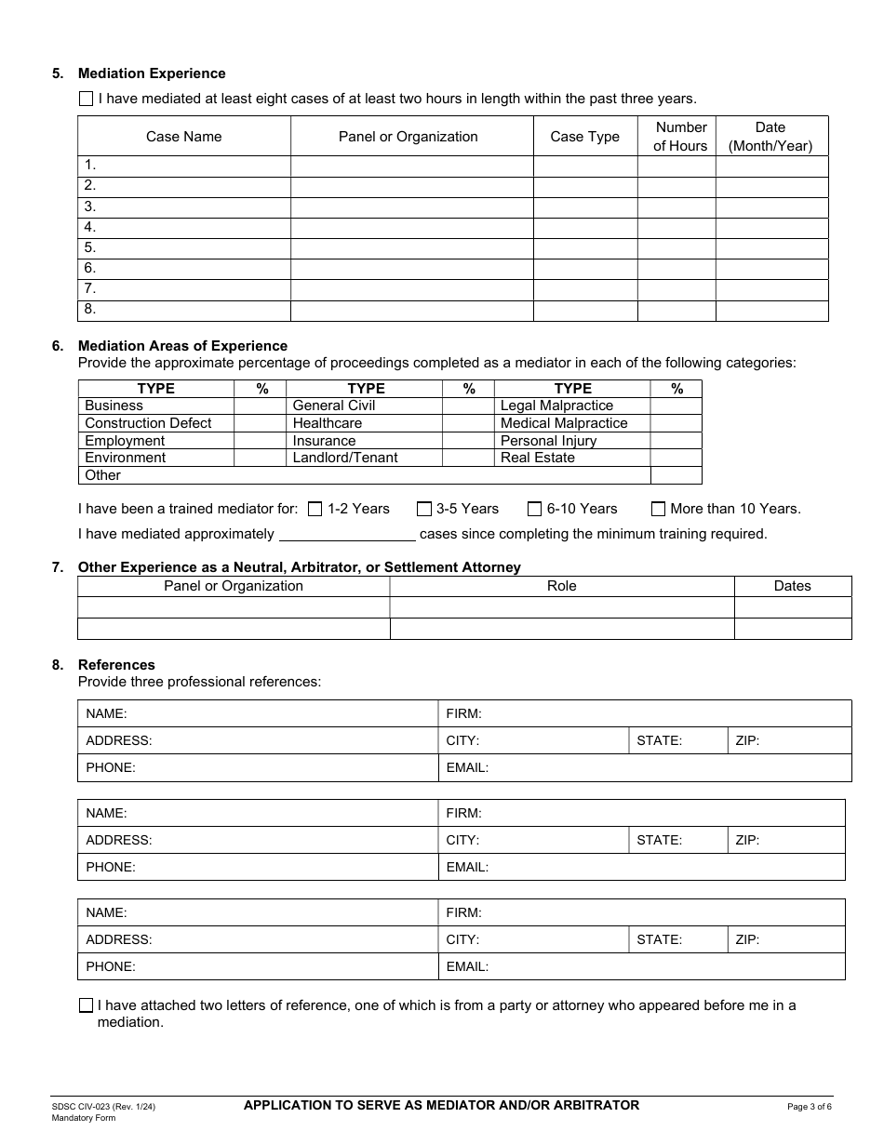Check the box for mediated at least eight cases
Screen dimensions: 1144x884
[87, 99]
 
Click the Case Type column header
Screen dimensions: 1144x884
[584, 137]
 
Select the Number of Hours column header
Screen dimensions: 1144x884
[680, 137]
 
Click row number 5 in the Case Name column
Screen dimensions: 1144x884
[90, 247]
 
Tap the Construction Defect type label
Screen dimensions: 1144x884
[148, 423]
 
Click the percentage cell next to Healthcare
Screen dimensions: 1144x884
[468, 423]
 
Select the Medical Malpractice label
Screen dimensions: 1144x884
[564, 423]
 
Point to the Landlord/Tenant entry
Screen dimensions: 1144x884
[344, 458]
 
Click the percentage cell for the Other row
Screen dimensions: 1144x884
[676, 475]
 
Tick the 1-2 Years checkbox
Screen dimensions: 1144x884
[315, 509]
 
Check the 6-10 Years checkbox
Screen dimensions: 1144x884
[534, 509]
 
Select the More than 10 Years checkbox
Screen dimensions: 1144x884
[658, 509]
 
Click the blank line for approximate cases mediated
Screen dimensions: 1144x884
[347, 534]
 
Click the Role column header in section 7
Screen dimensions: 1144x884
[561, 586]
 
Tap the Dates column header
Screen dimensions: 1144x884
[792, 586]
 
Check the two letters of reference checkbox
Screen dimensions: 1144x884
[87, 1005]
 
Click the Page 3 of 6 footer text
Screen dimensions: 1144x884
[810, 1107]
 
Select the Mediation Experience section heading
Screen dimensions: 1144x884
[152, 73]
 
